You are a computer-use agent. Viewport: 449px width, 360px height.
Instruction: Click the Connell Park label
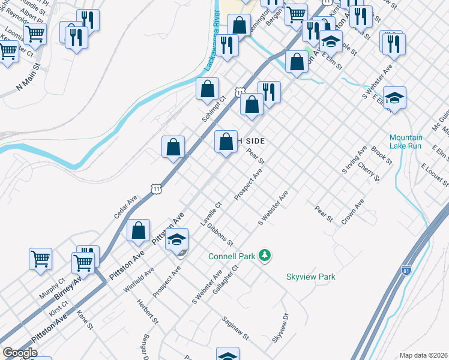[232, 256]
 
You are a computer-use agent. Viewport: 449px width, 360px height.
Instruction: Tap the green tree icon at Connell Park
[265, 256]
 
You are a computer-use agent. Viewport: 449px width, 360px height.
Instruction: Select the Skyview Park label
[310, 277]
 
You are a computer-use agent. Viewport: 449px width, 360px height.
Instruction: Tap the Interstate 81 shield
[406, 271]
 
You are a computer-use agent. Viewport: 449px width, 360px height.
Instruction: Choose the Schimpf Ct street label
[213, 109]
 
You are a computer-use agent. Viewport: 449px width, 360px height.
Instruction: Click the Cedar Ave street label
[126, 206]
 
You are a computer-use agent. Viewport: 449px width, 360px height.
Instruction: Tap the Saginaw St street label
[235, 329]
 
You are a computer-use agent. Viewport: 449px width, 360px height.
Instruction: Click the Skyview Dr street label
[280, 328]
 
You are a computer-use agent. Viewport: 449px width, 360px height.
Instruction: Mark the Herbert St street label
[146, 313]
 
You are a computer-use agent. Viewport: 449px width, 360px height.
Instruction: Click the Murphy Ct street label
[53, 290]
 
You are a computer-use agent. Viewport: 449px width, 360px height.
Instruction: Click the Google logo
[20, 353]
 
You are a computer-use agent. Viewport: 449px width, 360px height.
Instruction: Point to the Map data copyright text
[423, 355]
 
